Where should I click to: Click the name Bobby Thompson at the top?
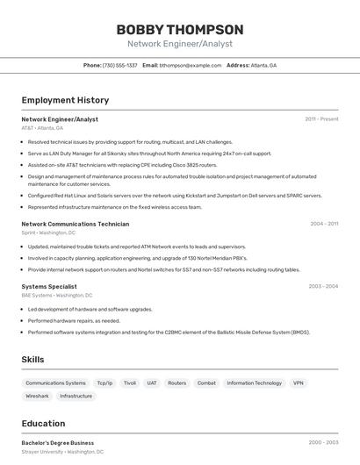(x=180, y=29)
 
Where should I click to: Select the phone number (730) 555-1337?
(x=119, y=65)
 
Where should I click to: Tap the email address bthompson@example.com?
(x=190, y=65)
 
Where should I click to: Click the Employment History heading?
(x=65, y=100)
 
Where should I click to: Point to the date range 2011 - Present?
(x=321, y=119)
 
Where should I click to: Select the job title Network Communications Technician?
(x=75, y=224)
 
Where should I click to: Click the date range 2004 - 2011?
(x=324, y=224)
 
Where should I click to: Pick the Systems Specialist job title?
(x=49, y=286)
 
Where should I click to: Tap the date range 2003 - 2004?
(x=323, y=286)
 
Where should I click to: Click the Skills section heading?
(x=32, y=360)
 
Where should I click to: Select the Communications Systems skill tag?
(x=55, y=383)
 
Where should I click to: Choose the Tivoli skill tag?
(x=130, y=383)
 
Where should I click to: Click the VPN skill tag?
(x=299, y=383)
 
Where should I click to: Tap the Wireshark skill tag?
(x=37, y=397)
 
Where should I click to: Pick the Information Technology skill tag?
(x=254, y=383)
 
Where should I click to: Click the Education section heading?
(x=43, y=423)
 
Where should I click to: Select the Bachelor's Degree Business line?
(x=58, y=443)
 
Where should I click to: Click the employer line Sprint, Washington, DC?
(x=48, y=233)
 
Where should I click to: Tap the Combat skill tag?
(x=206, y=383)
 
